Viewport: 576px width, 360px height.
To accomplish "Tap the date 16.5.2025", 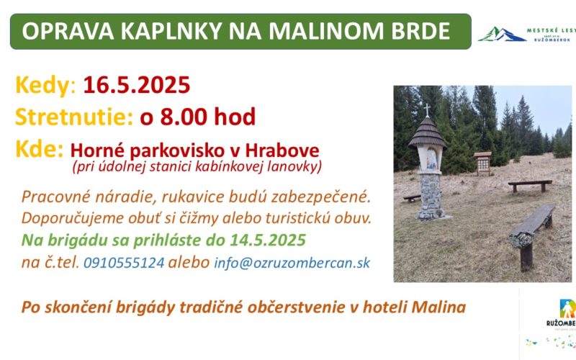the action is click(137, 85).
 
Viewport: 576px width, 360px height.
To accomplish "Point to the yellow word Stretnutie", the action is click(74, 117).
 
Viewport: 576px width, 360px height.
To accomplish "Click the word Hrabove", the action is click(282, 150).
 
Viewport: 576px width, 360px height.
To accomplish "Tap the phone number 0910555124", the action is click(124, 263).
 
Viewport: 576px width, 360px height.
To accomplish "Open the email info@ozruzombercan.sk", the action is click(292, 263).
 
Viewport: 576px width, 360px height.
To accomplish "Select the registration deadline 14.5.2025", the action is click(268, 240).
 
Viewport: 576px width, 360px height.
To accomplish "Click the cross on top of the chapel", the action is click(426, 110).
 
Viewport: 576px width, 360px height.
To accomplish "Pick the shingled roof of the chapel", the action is click(427, 133).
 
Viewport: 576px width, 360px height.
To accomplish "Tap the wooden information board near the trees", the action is click(482, 163).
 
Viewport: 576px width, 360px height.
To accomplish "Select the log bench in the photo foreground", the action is click(531, 235).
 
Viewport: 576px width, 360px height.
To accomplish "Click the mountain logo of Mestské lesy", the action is click(501, 35).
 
